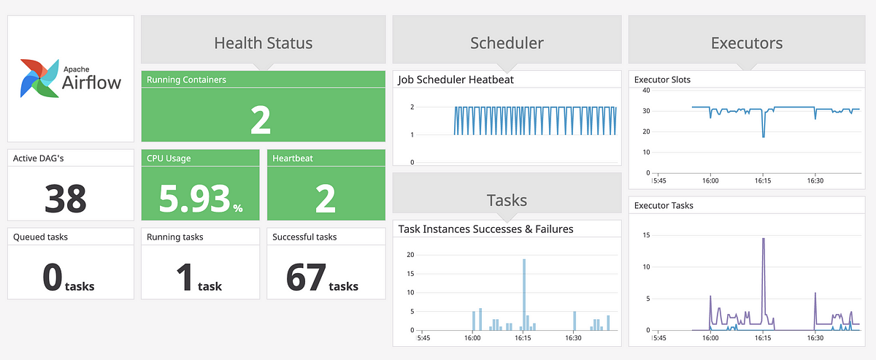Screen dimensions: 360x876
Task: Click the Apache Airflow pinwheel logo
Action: click(41, 78)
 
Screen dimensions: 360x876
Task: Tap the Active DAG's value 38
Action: click(66, 198)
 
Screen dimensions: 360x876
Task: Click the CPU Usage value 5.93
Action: click(193, 199)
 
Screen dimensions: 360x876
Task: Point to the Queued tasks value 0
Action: click(53, 278)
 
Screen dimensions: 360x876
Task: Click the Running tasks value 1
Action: click(184, 278)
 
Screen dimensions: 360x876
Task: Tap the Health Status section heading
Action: click(263, 43)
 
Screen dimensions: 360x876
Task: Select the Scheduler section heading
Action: click(507, 43)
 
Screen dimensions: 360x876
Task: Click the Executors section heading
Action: click(747, 43)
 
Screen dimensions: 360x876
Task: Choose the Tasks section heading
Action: click(507, 200)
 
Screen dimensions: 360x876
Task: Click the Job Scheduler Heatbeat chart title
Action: click(456, 80)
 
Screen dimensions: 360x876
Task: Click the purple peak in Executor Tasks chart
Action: click(763, 239)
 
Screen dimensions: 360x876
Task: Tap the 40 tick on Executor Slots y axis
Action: click(645, 90)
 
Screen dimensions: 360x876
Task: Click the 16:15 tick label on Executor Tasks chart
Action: click(763, 338)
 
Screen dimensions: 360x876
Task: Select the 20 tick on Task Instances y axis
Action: click(410, 254)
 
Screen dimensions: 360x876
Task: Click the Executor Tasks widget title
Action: click(664, 205)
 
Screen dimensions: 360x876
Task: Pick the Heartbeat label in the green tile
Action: click(293, 158)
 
